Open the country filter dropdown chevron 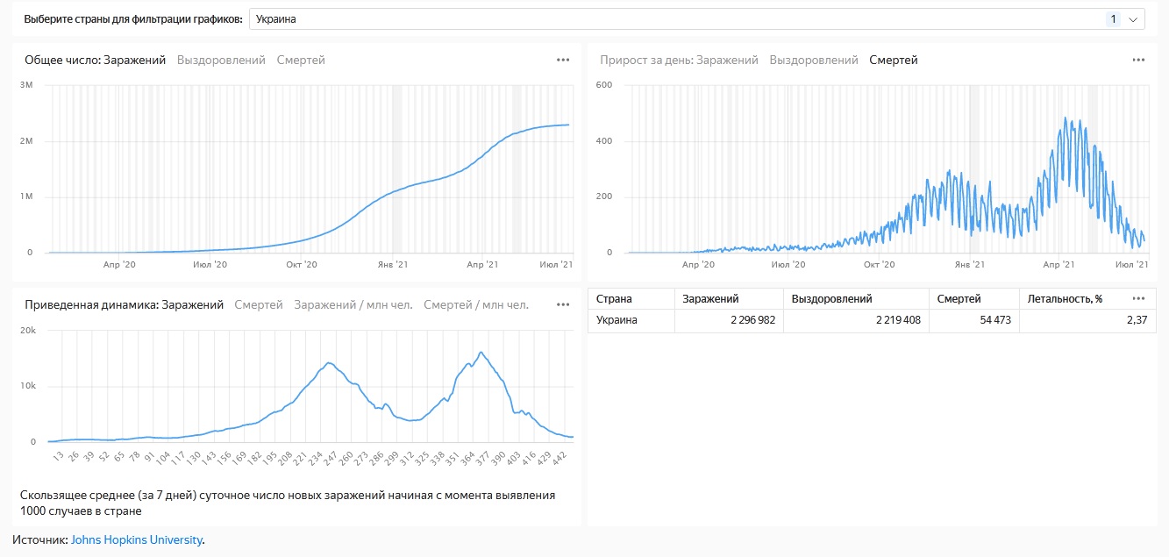click(1132, 19)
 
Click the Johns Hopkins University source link click(136, 540)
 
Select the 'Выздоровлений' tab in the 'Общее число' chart click(221, 61)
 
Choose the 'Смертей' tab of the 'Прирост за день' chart click(893, 61)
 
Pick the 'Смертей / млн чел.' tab click(476, 305)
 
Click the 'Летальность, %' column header click(1065, 299)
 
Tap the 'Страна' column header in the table click(614, 299)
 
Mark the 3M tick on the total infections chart click(26, 85)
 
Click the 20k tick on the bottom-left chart click(27, 331)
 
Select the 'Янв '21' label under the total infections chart click(392, 264)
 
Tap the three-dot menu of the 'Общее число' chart click(563, 61)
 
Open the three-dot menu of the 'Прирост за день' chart click(1138, 61)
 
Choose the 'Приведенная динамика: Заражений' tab click(124, 305)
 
